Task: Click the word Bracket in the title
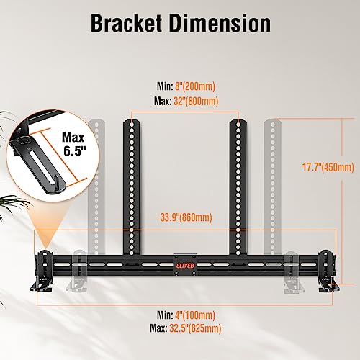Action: click(126, 23)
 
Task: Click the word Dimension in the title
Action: click(220, 23)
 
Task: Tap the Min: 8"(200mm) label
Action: click(186, 86)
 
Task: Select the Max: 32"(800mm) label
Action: click(186, 101)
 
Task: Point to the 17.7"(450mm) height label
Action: click(328, 167)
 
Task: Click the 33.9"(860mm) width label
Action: click(186, 217)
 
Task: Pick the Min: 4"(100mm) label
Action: click(186, 315)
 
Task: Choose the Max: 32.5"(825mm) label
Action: click(186, 328)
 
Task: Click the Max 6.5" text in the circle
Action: click(73, 144)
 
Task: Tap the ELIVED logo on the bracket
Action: click(186, 265)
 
